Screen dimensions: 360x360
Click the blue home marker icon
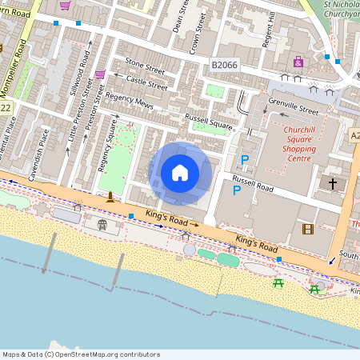click(180, 173)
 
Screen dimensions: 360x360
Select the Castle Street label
click(147, 82)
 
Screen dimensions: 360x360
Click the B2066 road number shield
click(226, 63)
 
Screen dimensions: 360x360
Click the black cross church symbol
click(333, 184)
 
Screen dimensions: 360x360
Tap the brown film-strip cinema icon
click(308, 229)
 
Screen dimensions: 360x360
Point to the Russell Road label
click(253, 184)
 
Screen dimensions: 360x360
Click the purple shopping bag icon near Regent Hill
click(298, 62)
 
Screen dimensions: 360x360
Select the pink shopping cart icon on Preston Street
click(100, 74)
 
